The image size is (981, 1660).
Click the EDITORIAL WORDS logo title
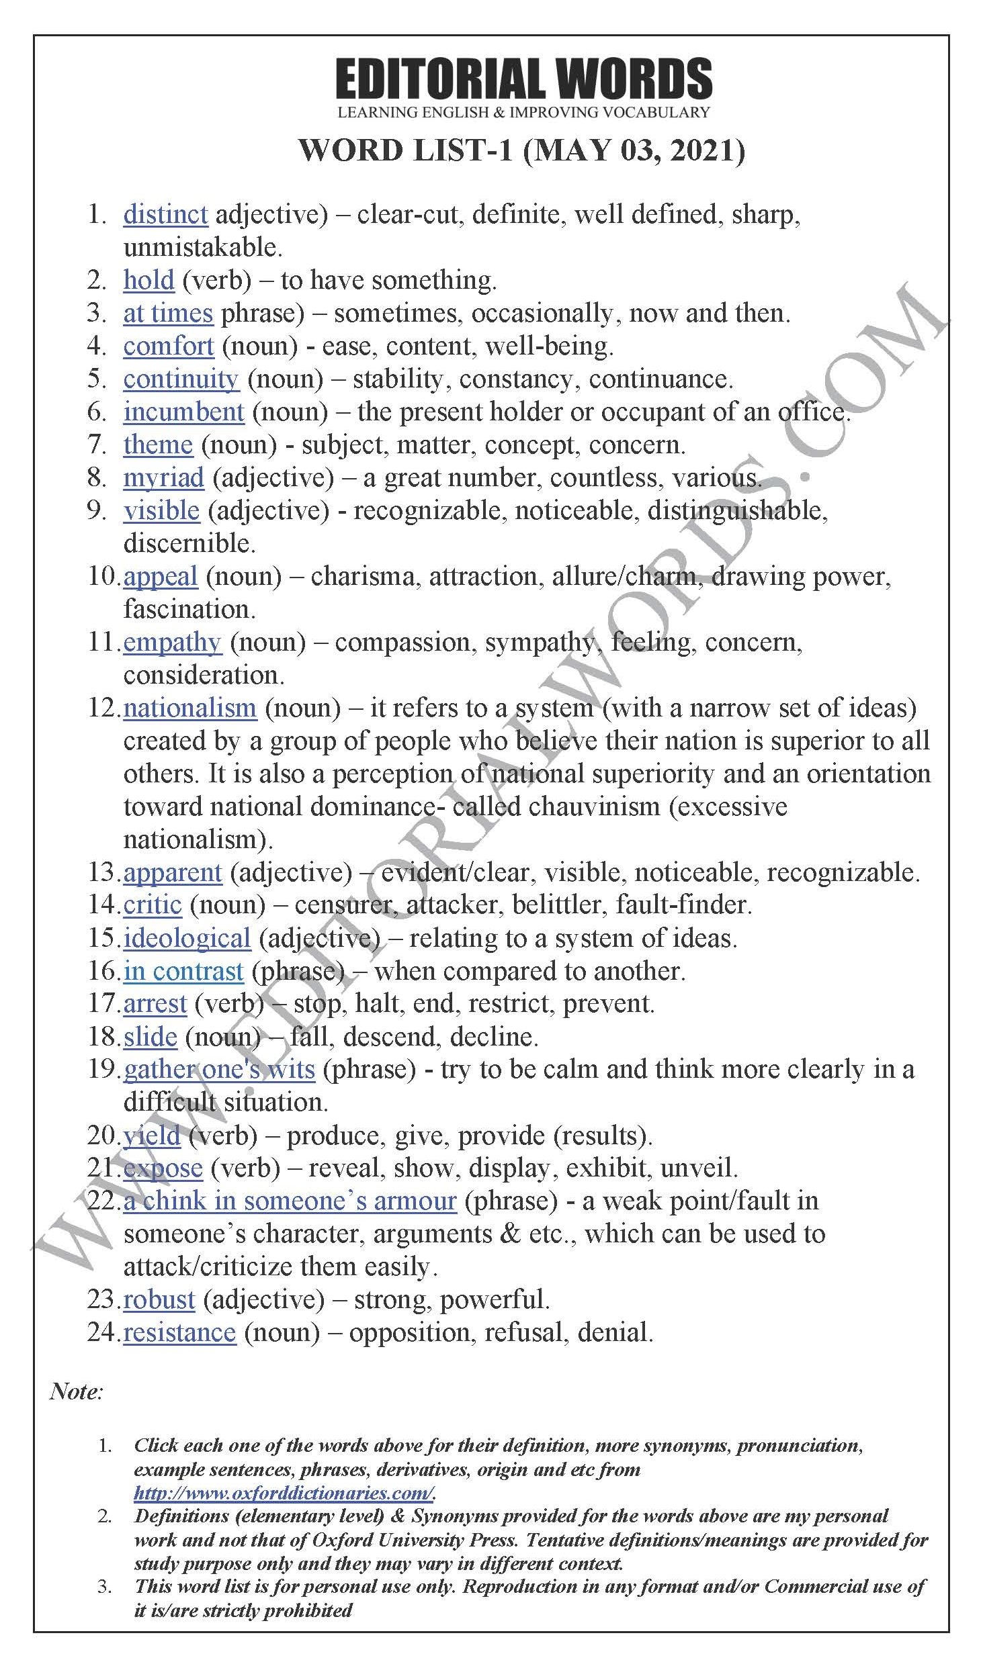(x=523, y=79)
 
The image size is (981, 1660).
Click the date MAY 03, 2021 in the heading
(x=634, y=150)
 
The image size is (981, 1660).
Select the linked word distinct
(x=165, y=215)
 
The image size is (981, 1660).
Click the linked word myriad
(x=163, y=478)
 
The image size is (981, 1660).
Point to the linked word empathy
(x=172, y=643)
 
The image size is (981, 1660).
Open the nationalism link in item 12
(x=190, y=708)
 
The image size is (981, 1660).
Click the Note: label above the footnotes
(x=76, y=1391)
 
